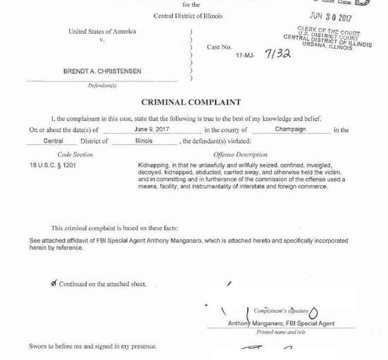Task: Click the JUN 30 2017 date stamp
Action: (x=330, y=18)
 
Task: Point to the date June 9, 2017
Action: (x=152, y=130)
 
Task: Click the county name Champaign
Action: (x=289, y=130)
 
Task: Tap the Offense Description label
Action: (x=240, y=154)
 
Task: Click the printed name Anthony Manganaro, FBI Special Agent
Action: (x=281, y=323)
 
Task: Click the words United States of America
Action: (x=102, y=31)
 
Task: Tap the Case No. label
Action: (x=219, y=47)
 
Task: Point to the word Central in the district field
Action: (x=53, y=141)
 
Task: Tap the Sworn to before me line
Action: (x=92, y=347)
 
